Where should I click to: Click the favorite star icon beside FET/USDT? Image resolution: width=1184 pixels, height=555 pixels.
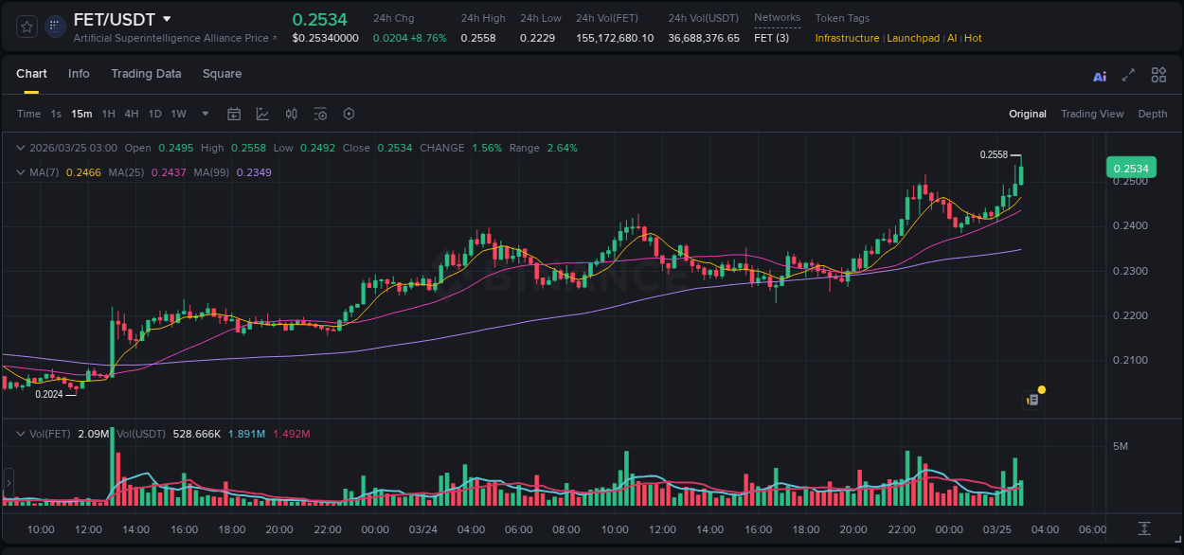(x=27, y=27)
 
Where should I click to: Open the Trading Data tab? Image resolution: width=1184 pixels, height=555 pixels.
(x=146, y=74)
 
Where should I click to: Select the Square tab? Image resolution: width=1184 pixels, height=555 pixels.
(x=222, y=74)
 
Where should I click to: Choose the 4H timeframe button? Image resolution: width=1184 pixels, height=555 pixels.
(x=132, y=114)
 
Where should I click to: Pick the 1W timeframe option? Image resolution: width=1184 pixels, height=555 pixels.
(x=178, y=114)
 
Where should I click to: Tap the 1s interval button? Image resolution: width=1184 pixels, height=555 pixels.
(x=56, y=114)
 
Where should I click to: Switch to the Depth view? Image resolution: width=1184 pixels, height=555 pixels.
(x=1152, y=114)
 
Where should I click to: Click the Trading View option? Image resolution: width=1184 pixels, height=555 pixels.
(x=1091, y=114)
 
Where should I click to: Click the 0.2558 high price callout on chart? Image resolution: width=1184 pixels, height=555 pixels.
(x=994, y=154)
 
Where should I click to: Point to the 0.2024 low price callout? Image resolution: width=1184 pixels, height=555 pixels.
(x=49, y=394)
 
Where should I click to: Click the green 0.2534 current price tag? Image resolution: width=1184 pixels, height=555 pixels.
(x=1130, y=169)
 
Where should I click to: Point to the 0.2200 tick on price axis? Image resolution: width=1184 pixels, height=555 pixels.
(x=1129, y=315)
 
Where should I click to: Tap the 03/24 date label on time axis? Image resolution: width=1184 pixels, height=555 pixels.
(x=422, y=529)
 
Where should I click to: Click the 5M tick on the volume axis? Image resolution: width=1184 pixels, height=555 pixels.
(x=1120, y=446)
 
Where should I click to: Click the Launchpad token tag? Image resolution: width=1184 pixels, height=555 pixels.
(x=913, y=38)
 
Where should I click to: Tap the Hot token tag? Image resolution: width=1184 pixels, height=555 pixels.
(x=973, y=38)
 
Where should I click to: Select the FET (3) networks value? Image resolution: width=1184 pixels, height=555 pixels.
(x=771, y=38)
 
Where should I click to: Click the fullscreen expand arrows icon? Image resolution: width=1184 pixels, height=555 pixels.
(x=1128, y=75)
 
